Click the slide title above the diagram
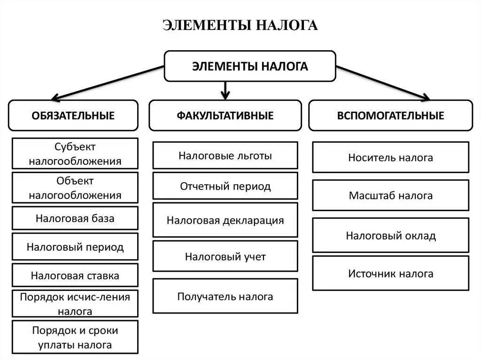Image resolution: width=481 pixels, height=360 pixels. tap(240, 25)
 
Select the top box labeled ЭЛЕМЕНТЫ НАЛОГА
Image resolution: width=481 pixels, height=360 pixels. tap(249, 66)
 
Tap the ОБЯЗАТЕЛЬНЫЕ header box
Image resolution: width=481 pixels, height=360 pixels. tap(73, 115)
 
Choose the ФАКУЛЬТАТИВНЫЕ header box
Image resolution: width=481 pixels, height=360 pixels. tap(225, 115)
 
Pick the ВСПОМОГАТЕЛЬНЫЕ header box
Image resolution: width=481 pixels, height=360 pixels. tap(390, 115)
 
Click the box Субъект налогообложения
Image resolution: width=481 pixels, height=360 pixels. tap(75, 153)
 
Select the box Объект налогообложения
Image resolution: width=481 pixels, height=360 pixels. tap(75, 188)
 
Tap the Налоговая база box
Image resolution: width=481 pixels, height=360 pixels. tap(75, 218)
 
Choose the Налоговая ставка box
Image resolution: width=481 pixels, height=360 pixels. tap(75, 276)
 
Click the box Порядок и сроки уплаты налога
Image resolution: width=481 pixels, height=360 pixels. tap(75, 337)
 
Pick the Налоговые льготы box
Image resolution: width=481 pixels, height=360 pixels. tap(225, 155)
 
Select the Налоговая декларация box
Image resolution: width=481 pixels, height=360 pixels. tap(225, 220)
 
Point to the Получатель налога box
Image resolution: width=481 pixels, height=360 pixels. tap(225, 296)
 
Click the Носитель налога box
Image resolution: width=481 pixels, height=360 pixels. tap(390, 158)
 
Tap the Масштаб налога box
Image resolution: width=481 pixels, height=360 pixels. tap(390, 195)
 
